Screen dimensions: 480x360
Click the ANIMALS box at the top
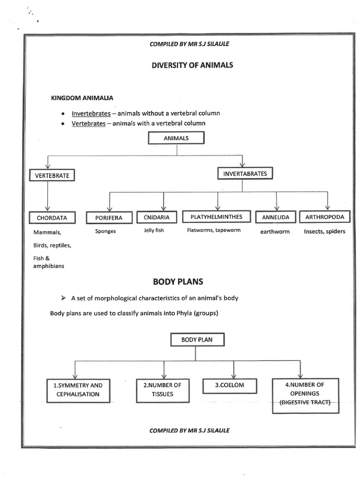[176, 138]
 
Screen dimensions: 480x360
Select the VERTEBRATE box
[52, 175]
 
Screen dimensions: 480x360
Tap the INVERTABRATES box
[245, 174]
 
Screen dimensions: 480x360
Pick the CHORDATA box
[52, 218]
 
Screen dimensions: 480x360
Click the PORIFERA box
[109, 218]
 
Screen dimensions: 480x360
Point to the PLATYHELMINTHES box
[217, 217]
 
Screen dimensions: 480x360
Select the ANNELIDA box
[276, 217]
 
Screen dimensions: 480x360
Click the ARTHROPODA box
[324, 217]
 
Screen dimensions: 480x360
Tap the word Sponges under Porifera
[105, 231]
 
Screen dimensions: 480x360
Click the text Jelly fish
[154, 231]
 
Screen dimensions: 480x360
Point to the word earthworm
[276, 232]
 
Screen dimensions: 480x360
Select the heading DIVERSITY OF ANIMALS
[192, 65]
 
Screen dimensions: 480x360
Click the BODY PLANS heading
[178, 282]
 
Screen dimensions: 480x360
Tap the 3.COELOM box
[230, 385]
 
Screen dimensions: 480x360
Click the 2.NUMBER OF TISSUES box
[162, 390]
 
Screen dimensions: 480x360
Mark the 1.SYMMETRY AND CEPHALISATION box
[78, 390]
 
